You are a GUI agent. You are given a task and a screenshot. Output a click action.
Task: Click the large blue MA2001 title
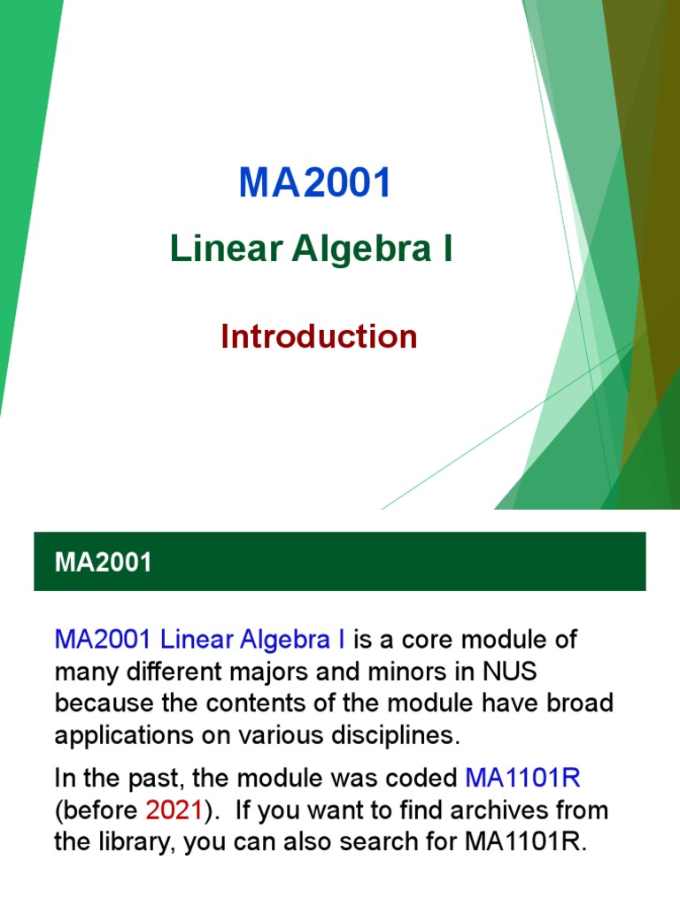click(315, 184)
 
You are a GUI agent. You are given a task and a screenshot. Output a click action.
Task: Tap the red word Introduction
click(319, 336)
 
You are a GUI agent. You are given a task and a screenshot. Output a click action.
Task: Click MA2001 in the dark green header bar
click(103, 563)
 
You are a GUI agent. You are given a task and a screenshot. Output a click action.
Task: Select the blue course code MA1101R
click(522, 779)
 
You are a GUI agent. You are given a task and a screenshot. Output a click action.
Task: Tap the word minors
click(409, 673)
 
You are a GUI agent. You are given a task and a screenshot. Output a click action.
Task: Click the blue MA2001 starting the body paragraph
click(103, 640)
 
